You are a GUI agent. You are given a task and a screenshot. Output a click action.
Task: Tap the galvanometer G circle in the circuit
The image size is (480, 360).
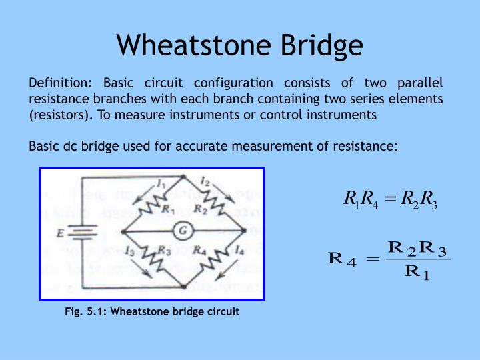[182, 231]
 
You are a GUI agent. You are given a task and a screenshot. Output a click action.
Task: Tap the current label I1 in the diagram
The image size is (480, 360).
[161, 183]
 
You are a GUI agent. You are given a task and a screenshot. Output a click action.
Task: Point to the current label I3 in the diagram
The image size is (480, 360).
[129, 250]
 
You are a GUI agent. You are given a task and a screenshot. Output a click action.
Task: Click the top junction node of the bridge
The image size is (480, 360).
[183, 177]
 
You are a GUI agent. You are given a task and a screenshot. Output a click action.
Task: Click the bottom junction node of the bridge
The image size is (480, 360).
[183, 285]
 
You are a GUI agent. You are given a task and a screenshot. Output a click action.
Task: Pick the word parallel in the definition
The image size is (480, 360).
[419, 83]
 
